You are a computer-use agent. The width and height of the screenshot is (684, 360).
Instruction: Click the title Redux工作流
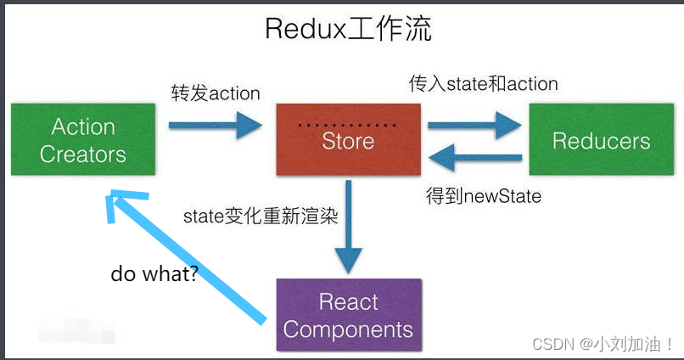(348, 30)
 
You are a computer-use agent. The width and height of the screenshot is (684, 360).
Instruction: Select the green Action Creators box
(83, 140)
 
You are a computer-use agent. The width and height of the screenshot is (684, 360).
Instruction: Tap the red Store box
(348, 140)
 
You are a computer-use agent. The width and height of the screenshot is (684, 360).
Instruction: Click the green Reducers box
(601, 140)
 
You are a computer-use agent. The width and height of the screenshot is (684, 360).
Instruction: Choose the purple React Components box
(348, 315)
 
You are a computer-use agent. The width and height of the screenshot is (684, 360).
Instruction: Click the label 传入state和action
(484, 83)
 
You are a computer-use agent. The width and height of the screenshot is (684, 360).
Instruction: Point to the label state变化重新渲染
(261, 217)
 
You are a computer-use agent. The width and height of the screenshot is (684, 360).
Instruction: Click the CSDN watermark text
(603, 344)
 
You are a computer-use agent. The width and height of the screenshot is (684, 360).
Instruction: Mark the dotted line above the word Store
(348, 125)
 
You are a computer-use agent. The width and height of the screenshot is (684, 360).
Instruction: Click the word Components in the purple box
(348, 329)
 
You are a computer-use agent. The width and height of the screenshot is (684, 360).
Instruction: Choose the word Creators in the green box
(83, 155)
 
